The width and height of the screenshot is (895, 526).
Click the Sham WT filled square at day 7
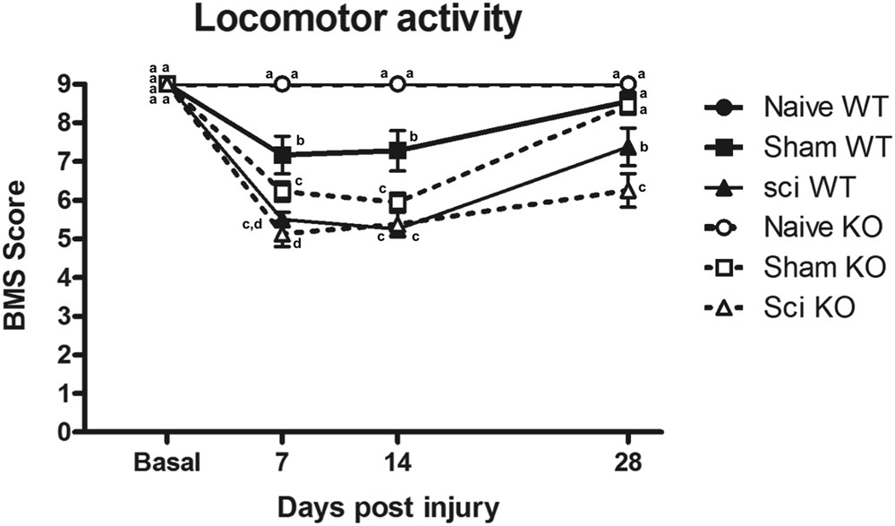pyautogui.click(x=283, y=154)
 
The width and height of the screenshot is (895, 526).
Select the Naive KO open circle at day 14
pyautogui.click(x=398, y=83)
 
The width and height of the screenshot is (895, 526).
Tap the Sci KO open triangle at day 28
pyautogui.click(x=629, y=191)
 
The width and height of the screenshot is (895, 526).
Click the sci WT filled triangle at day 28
pyautogui.click(x=629, y=147)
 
